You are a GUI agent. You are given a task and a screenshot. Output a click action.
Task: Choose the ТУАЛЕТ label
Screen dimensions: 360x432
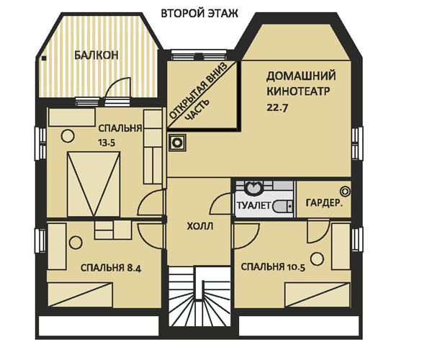click(x=252, y=207)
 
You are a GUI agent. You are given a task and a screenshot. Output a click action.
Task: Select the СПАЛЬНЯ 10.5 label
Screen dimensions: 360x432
click(x=274, y=267)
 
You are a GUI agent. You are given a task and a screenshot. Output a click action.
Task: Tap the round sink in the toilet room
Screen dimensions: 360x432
click(x=253, y=189)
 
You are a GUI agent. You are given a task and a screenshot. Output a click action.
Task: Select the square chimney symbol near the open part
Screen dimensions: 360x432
click(x=175, y=143)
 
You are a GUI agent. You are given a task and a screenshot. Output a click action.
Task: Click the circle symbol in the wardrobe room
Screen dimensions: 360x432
click(x=346, y=190)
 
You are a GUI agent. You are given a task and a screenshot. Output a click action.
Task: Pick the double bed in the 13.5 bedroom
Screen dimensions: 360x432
click(x=94, y=184)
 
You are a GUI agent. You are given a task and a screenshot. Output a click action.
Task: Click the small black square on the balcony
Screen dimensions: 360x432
click(x=45, y=60)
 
